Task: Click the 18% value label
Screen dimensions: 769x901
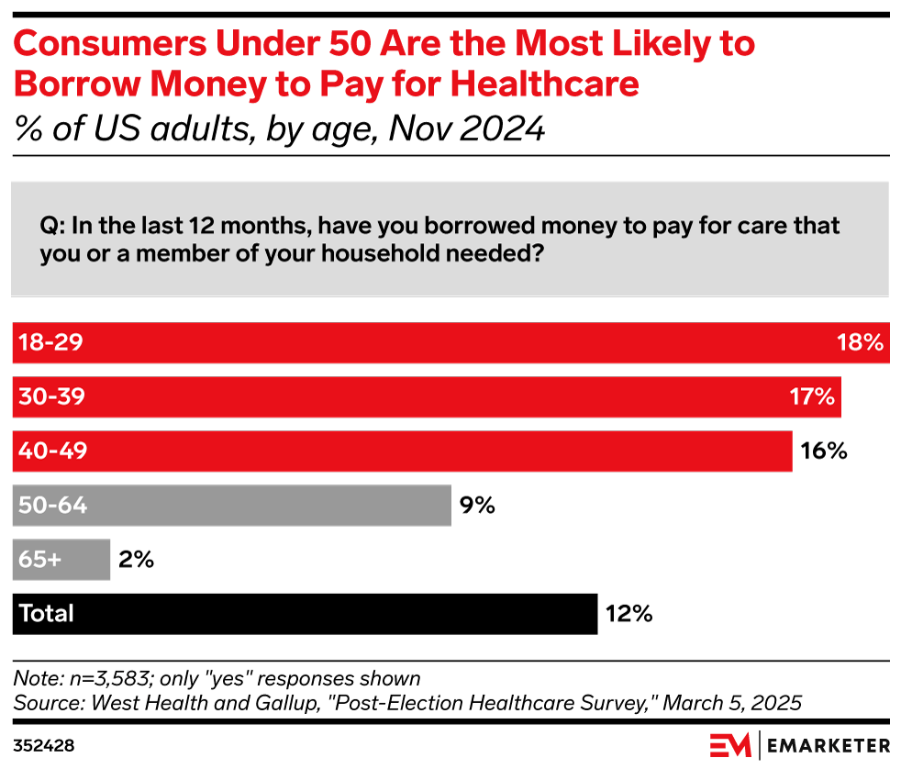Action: (x=860, y=343)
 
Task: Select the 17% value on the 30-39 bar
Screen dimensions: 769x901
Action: (x=811, y=397)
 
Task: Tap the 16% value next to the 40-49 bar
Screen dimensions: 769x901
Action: (x=823, y=451)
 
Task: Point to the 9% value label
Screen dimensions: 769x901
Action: (x=478, y=505)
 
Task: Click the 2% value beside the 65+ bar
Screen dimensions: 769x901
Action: (x=136, y=559)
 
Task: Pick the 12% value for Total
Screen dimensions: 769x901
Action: (x=628, y=613)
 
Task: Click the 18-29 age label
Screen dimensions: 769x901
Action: (x=51, y=343)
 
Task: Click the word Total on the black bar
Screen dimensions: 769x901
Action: (x=46, y=613)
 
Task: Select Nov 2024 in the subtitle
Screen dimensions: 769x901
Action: (x=467, y=128)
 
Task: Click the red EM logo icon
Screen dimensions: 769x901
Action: (x=730, y=744)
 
